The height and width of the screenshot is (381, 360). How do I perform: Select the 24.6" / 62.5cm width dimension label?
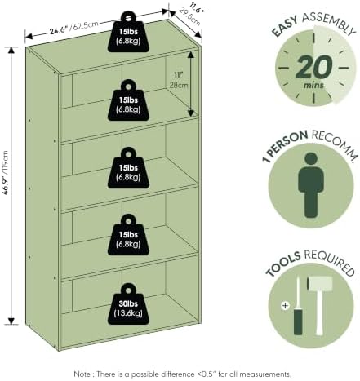click(73, 27)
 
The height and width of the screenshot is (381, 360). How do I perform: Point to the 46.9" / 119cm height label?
click(6, 173)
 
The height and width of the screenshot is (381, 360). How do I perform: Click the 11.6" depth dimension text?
click(197, 9)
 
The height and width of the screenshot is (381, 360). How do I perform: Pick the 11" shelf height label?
click(178, 75)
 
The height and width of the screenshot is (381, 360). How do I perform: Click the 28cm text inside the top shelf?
click(179, 85)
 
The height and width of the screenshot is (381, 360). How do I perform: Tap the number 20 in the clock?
click(313, 67)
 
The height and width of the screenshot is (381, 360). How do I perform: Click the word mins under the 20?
click(313, 85)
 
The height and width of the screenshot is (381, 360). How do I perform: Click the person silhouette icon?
click(311, 185)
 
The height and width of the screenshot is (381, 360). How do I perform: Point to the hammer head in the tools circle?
click(320, 284)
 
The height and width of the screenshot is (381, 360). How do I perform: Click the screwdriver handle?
click(298, 321)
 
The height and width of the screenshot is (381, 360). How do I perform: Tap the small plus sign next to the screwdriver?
click(285, 306)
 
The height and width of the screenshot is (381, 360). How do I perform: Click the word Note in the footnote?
click(82, 374)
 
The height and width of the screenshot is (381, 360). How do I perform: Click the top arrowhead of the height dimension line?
click(11, 51)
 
